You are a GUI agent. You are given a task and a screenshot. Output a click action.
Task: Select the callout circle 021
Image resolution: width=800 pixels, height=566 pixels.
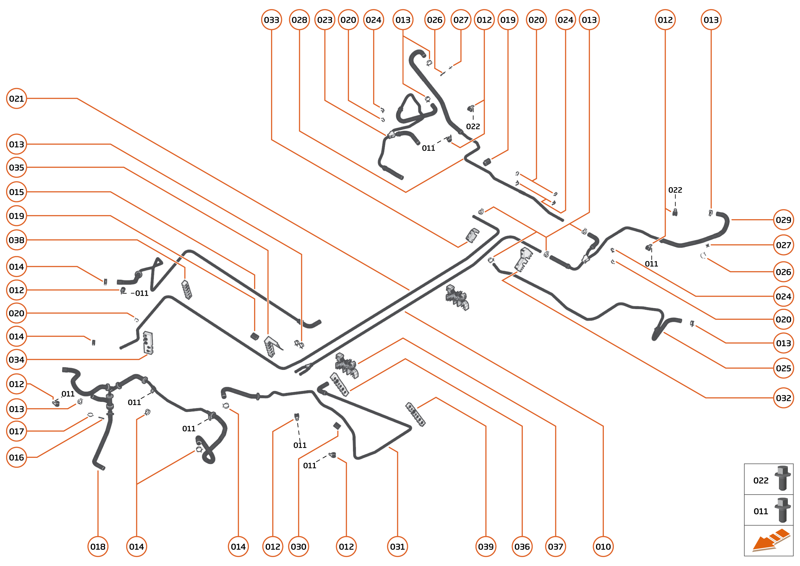click(x=16, y=99)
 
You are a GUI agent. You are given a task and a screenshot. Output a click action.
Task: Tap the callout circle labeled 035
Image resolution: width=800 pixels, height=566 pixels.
click(x=16, y=168)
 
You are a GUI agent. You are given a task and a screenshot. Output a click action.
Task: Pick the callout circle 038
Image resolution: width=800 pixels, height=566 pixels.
click(x=16, y=240)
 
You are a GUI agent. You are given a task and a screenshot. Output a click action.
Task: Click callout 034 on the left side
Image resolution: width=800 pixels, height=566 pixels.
click(x=16, y=360)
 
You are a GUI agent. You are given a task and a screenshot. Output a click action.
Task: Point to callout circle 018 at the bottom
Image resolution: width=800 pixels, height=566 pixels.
click(x=98, y=547)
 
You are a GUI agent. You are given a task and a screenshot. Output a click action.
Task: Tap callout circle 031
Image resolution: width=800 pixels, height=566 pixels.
click(x=397, y=547)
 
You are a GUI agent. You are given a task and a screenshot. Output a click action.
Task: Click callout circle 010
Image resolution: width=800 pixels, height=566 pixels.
click(x=603, y=547)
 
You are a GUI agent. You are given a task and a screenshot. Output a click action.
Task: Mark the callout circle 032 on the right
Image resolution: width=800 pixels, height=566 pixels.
click(x=783, y=398)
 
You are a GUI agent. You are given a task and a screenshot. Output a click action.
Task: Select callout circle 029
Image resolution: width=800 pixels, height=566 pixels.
click(x=783, y=220)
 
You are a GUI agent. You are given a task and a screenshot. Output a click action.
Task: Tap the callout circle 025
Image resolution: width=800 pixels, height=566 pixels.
click(x=783, y=368)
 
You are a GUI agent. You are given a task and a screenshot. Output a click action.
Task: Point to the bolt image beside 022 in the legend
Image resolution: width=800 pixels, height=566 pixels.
click(x=783, y=478)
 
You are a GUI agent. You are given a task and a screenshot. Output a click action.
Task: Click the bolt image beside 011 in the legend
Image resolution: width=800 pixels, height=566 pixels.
click(x=783, y=510)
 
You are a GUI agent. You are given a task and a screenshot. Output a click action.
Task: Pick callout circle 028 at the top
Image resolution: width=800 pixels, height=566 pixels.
click(x=299, y=20)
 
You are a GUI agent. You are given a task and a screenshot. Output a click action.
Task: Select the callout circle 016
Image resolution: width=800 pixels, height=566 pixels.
click(x=16, y=457)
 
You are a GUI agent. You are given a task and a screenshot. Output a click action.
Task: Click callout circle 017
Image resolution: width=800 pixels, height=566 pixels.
click(x=16, y=432)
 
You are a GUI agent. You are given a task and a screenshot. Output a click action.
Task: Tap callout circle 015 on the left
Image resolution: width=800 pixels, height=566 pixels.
click(x=16, y=192)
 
